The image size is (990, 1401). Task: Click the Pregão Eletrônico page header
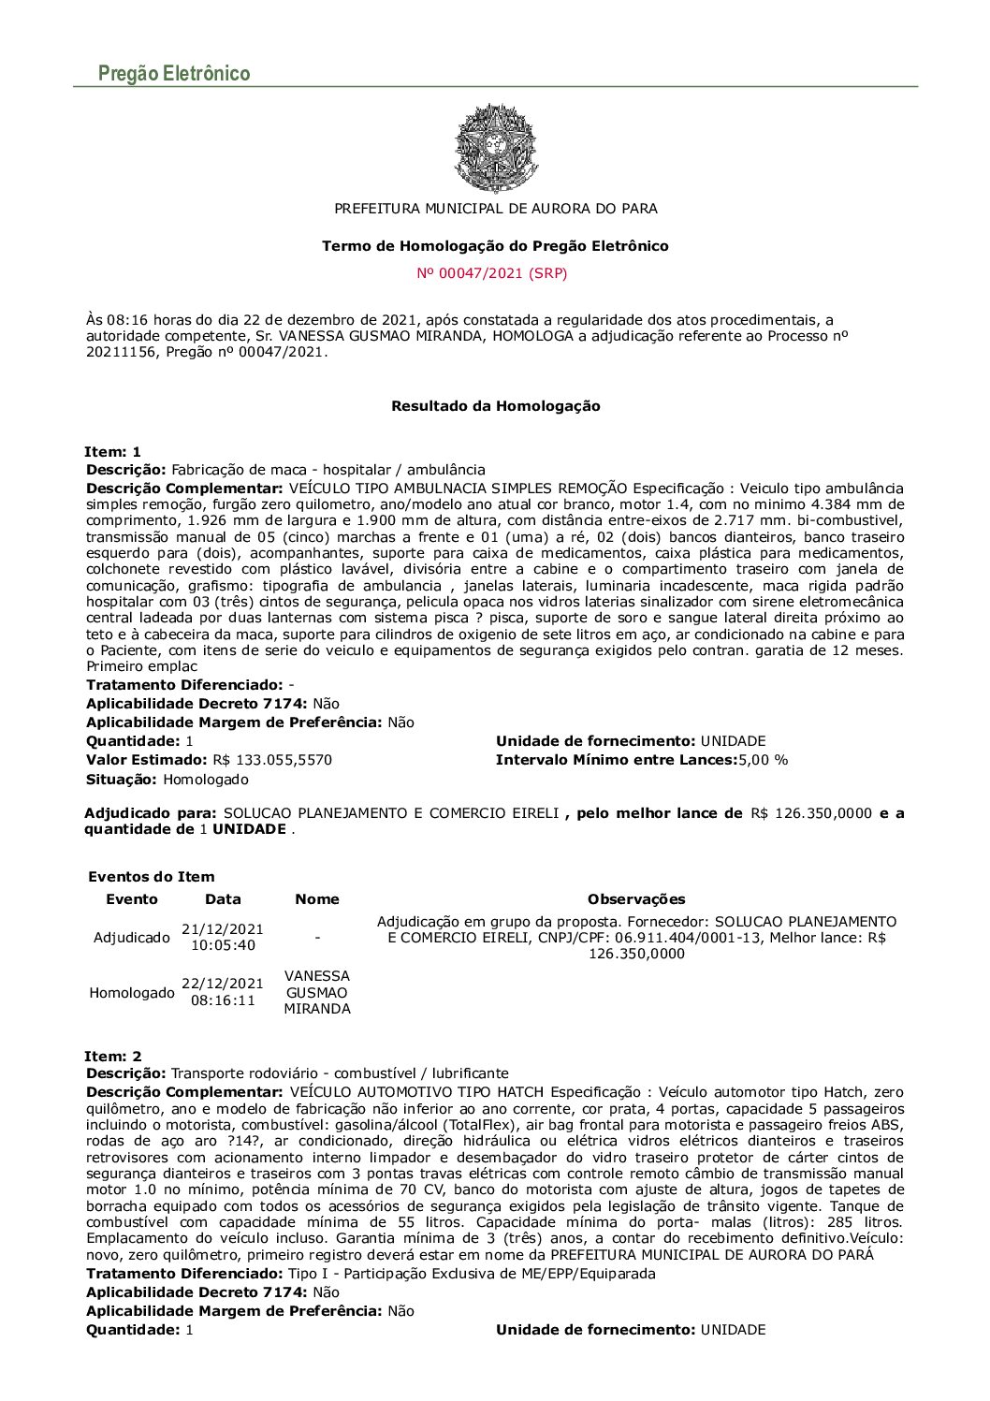174,73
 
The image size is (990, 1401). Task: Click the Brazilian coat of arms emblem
495,148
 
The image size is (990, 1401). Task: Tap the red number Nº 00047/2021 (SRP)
492,273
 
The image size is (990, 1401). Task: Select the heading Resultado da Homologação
495,406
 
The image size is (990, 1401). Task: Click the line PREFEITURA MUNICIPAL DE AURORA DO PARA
496,209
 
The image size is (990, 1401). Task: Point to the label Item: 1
112,452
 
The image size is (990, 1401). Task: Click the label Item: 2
112,1057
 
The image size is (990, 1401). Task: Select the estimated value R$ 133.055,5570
272,760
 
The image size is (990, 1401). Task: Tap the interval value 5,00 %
764,760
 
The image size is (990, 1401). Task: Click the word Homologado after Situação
206,780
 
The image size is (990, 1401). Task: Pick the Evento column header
132,899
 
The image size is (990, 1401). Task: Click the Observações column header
636,899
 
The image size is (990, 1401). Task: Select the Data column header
223,899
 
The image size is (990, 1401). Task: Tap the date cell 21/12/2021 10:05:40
223,937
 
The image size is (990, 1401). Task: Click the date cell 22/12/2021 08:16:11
223,992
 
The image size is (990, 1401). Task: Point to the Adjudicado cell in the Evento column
132,937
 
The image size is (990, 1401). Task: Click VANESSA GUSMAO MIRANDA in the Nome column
317,992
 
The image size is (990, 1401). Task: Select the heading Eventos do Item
152,877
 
